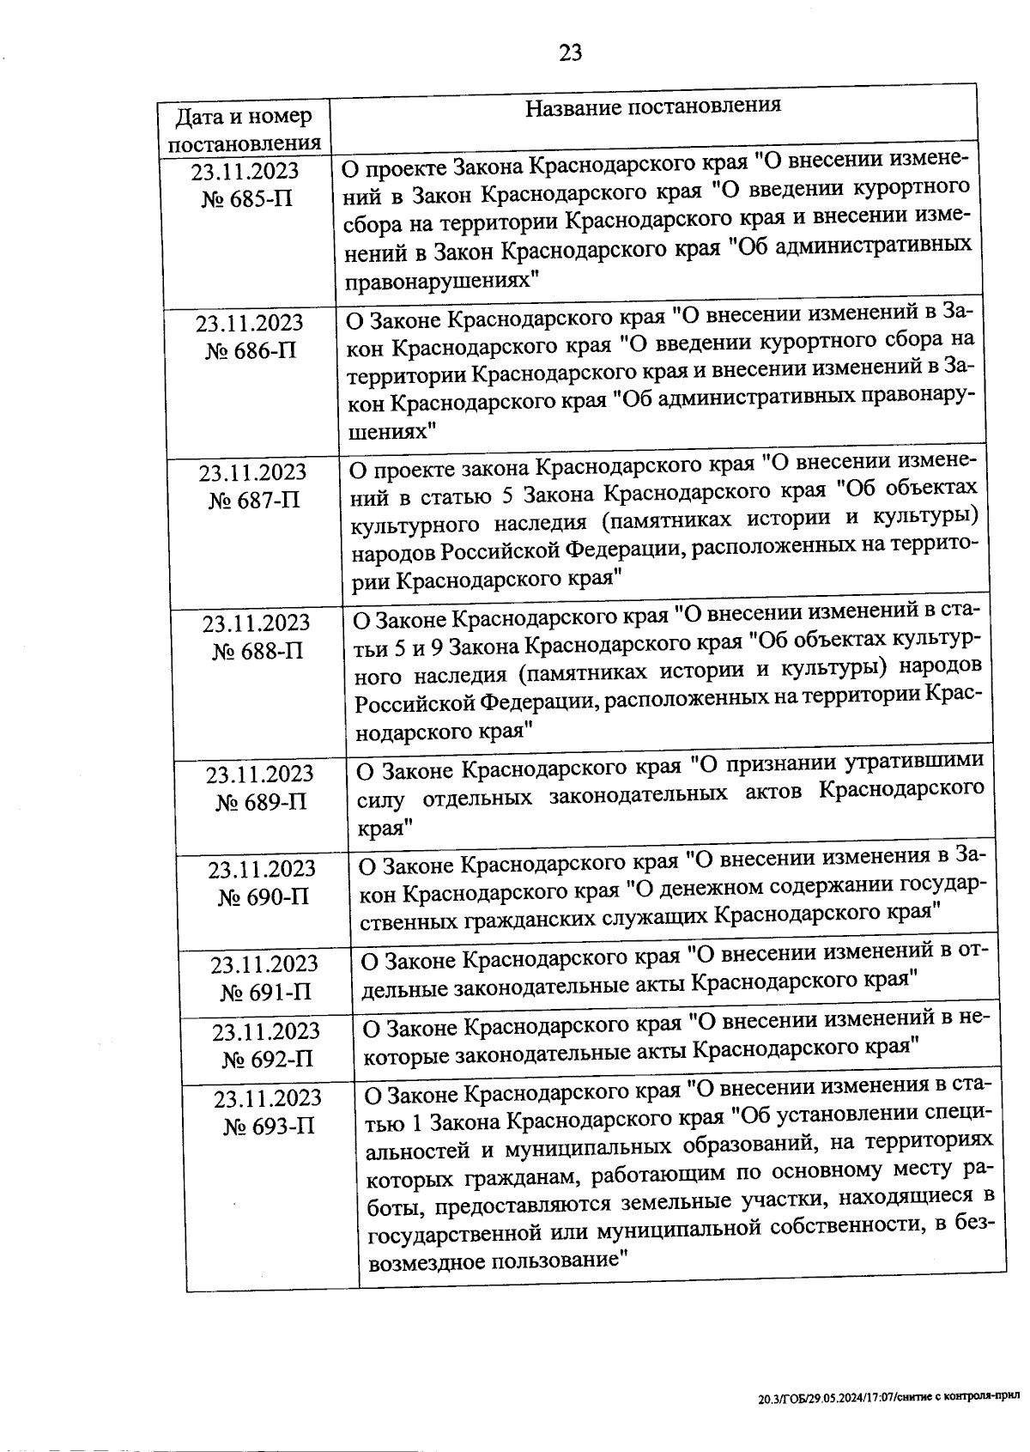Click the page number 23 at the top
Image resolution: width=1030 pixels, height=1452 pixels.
[x=570, y=53]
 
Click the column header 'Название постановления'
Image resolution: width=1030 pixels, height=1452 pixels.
[x=652, y=106]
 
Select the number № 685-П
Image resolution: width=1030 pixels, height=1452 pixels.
[x=247, y=199]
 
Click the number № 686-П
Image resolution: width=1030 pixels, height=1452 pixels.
[x=251, y=351]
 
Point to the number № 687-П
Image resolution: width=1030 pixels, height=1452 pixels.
[x=254, y=501]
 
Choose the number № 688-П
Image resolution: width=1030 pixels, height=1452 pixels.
[x=257, y=651]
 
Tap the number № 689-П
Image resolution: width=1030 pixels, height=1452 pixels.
[x=261, y=802]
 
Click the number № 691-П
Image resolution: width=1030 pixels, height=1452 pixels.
[x=266, y=993]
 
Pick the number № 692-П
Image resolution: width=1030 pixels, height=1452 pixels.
[x=268, y=1060]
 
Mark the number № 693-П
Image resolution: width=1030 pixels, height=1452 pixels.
[x=270, y=1126]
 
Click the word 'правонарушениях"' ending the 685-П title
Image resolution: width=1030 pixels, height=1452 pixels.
[x=441, y=280]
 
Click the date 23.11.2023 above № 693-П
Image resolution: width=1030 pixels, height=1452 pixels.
[x=268, y=1098]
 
